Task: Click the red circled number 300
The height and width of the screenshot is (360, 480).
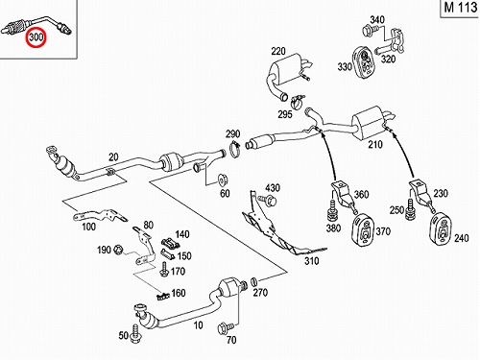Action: (x=36, y=37)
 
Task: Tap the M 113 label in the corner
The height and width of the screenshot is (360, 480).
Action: (x=461, y=7)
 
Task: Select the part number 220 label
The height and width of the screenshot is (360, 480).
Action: (x=278, y=51)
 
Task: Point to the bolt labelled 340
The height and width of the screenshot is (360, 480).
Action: (x=369, y=31)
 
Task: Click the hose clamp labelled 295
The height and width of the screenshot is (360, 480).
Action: (x=298, y=100)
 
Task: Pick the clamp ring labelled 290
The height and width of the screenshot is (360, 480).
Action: (x=234, y=150)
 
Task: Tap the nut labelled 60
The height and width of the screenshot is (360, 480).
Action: (x=221, y=180)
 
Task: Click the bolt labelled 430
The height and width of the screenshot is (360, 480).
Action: (x=268, y=201)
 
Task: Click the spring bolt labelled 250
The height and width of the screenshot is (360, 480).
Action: (x=410, y=209)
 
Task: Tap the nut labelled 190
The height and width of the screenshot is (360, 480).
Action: (x=117, y=249)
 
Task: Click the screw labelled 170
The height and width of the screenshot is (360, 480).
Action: (x=164, y=270)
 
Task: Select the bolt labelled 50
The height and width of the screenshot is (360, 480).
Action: (x=135, y=333)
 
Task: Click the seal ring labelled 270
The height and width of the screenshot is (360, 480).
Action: (x=253, y=281)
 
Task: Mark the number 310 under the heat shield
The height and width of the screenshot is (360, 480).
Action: (x=312, y=261)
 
